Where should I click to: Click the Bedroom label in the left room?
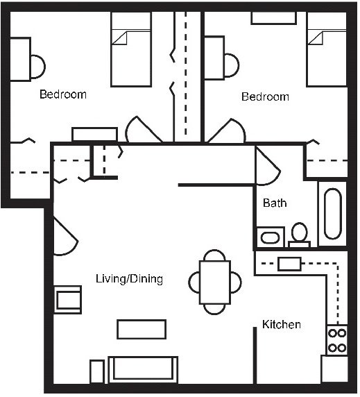pos(62,94)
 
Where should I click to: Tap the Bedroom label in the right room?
pos(265,96)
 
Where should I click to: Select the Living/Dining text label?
pos(129,279)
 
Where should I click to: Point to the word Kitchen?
pos(281,324)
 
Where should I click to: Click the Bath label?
pos(275,203)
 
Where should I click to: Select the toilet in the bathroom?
pos(300,234)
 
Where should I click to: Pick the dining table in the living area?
pos(215,282)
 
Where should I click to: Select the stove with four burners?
pos(336,339)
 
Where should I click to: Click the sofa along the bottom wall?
pos(142,369)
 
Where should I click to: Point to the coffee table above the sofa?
pos(142,329)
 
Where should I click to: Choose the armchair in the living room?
pos(69,299)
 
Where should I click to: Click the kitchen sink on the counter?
pos(289,264)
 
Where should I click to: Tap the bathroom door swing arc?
pos(268,167)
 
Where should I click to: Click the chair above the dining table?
pos(214,254)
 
